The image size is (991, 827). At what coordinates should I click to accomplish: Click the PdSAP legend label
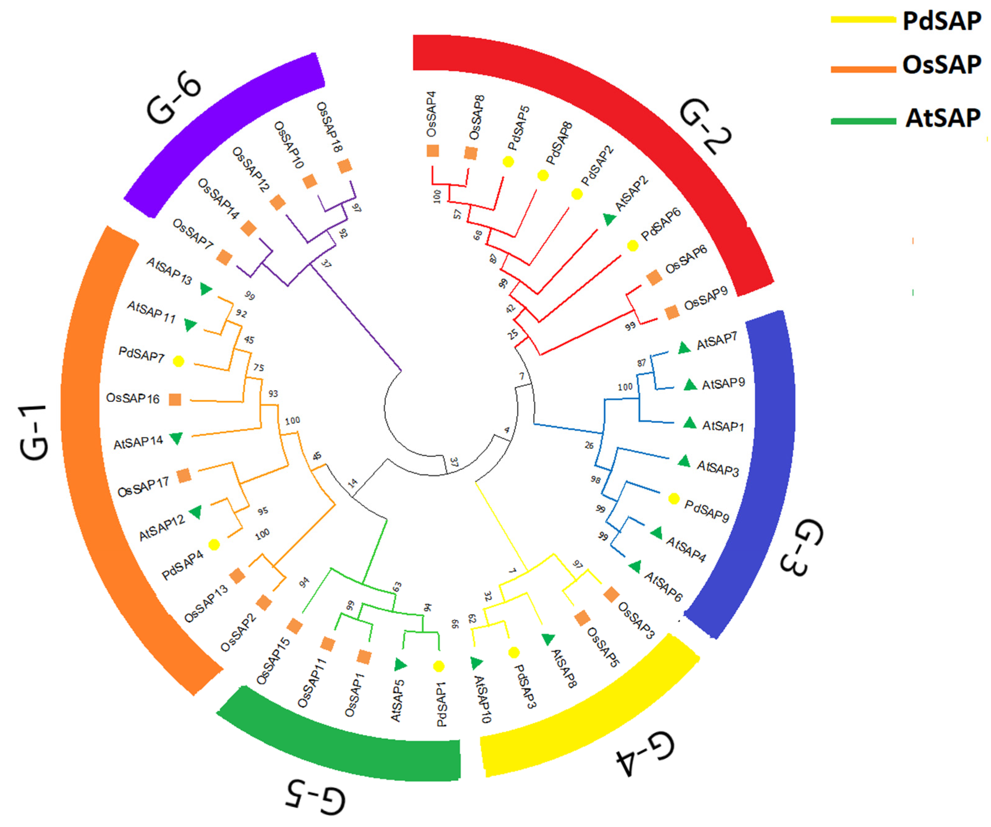point(941,21)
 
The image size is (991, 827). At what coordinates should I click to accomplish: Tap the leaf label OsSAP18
point(329,127)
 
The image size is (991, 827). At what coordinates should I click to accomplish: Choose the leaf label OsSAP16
point(133,398)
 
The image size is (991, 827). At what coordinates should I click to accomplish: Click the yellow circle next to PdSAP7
point(178,361)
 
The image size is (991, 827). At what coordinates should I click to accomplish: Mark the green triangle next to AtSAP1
point(690,423)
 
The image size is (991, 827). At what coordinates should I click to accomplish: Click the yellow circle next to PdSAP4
point(214,545)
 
